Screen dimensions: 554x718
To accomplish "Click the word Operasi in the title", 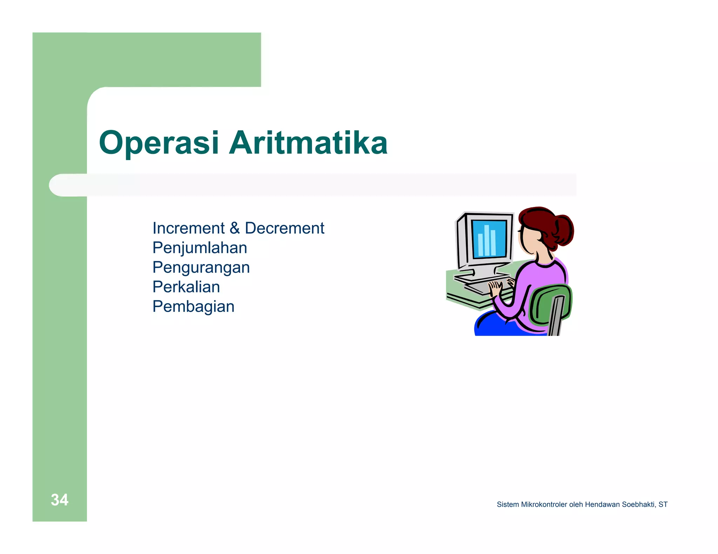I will pyautogui.click(x=159, y=143).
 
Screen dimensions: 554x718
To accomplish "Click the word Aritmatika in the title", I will pyautogui.click(x=308, y=143).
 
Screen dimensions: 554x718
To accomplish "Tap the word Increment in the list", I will pyautogui.click(x=188, y=228).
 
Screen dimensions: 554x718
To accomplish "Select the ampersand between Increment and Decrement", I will pyautogui.click(x=235, y=228).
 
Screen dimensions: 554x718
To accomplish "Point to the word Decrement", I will pyautogui.click(x=284, y=228).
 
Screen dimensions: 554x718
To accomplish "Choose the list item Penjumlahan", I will pyautogui.click(x=199, y=248).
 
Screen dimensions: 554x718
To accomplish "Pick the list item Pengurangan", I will pyautogui.click(x=201, y=268).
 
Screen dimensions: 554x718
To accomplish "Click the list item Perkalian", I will pyautogui.click(x=186, y=287).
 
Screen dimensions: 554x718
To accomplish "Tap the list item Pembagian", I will pyautogui.click(x=193, y=307).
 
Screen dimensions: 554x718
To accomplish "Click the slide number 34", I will pyautogui.click(x=59, y=500).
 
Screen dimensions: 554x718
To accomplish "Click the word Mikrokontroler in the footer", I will pyautogui.click(x=544, y=505).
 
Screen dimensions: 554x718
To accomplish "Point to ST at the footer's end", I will pyautogui.click(x=663, y=505).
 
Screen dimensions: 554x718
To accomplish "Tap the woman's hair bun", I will pyautogui.click(x=563, y=229).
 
